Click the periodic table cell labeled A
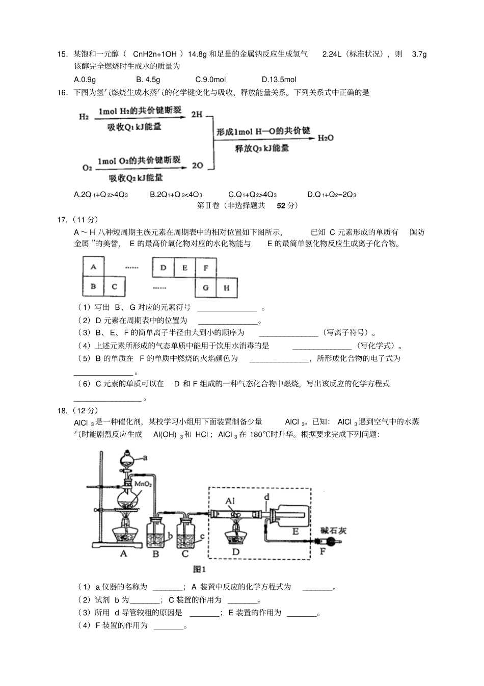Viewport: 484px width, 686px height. [x=93, y=267]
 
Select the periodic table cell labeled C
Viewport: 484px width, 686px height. [x=114, y=286]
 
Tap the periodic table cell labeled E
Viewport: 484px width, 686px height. [x=184, y=268]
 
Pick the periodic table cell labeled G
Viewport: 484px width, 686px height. [x=205, y=287]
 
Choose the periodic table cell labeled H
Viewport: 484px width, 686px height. [x=227, y=287]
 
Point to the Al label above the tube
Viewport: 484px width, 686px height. [x=230, y=501]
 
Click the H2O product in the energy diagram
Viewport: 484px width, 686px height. [x=326, y=138]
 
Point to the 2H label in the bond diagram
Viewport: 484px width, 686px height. [x=197, y=115]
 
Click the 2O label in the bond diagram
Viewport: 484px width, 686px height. [x=197, y=165]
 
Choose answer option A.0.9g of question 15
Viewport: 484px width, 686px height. [x=85, y=80]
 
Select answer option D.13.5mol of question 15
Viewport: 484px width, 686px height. [x=279, y=80]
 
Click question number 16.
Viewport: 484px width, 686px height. [x=63, y=93]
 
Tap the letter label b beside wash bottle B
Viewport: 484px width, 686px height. [x=170, y=536]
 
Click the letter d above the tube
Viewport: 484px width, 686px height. [x=267, y=497]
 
